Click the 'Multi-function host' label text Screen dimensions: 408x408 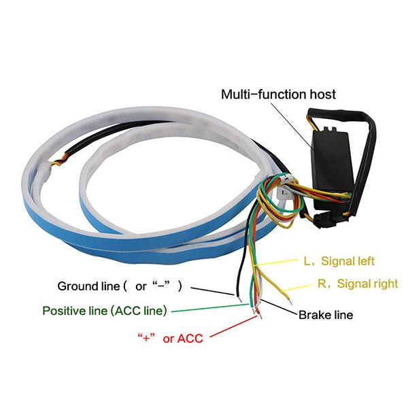[x=278, y=94]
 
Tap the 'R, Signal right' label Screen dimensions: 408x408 [x=358, y=284]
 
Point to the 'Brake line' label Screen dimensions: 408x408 [x=326, y=315]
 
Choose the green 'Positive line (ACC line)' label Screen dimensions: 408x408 [x=105, y=311]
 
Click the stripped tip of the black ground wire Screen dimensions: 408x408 [x=239, y=297]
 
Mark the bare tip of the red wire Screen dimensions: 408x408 [x=256, y=312]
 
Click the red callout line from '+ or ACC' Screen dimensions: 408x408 [x=231, y=326]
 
